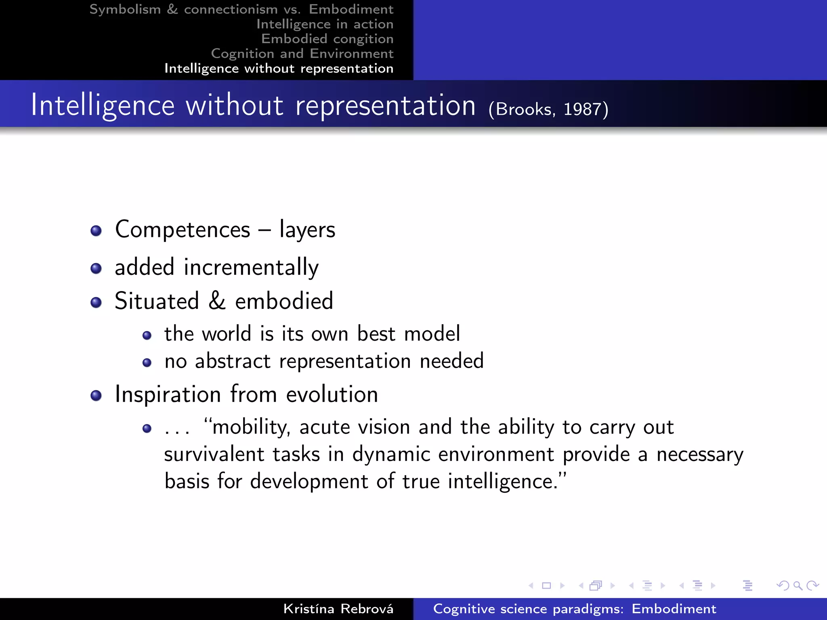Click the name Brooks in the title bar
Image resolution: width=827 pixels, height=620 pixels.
[x=523, y=109]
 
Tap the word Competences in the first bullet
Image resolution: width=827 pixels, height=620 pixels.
[x=183, y=230]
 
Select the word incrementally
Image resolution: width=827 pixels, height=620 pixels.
[x=251, y=268]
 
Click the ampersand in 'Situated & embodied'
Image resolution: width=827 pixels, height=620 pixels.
[x=217, y=301]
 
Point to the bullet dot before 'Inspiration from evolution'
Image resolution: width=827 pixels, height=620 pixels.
[x=96, y=395]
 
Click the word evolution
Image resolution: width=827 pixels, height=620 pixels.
[x=332, y=394]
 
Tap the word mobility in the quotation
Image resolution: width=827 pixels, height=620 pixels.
[x=250, y=427]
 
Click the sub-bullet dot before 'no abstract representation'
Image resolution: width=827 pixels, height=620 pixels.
[x=147, y=362]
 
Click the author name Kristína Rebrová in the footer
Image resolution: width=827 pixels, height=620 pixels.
[x=338, y=609]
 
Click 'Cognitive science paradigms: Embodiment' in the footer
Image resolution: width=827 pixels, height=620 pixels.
[x=574, y=609]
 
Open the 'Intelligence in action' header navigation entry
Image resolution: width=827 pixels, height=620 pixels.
[x=325, y=24]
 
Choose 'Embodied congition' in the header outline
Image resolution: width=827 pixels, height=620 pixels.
[x=327, y=39]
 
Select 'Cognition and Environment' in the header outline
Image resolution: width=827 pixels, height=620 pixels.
[x=302, y=54]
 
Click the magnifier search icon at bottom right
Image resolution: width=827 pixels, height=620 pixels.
[x=798, y=585]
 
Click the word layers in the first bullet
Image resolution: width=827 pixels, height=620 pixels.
[x=307, y=230]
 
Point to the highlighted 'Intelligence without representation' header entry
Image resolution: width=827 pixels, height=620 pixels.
[x=279, y=69]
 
